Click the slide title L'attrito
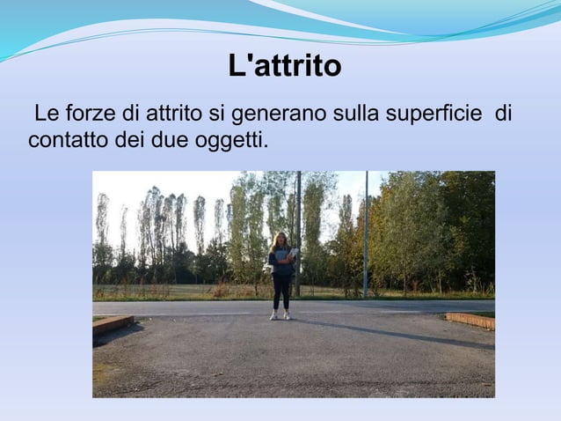coord(284,66)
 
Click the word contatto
coord(63,139)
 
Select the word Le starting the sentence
coord(45,114)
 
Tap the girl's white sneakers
coord(280,315)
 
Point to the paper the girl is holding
coord(291,254)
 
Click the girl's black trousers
coord(280,291)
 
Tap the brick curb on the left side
coord(112,323)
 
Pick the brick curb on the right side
coord(470,320)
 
